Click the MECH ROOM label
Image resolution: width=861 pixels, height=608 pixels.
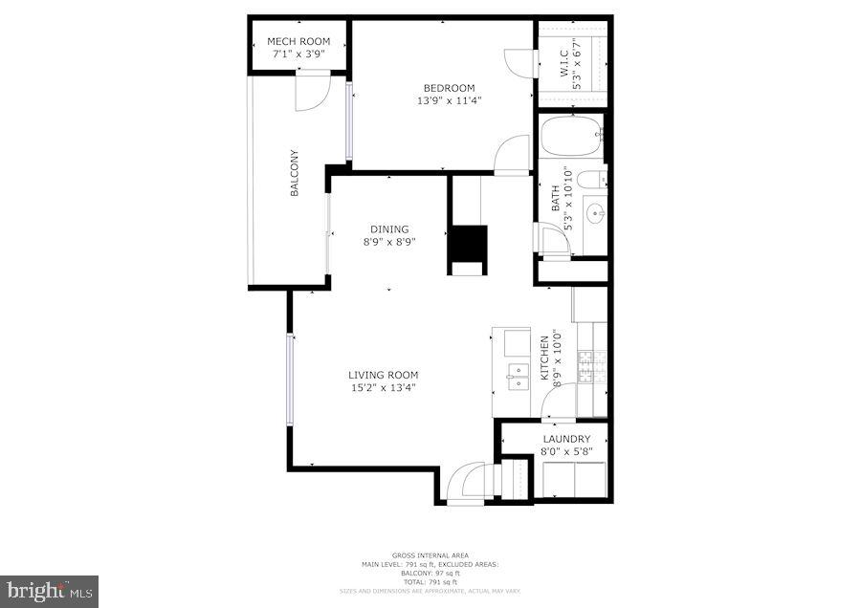click(298, 41)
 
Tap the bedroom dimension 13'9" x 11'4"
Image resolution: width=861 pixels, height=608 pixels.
click(449, 100)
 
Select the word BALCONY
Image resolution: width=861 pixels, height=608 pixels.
click(295, 173)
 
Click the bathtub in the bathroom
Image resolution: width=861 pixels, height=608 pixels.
click(571, 137)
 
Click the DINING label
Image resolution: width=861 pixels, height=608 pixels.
click(389, 229)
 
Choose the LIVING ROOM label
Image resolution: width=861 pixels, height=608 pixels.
click(383, 375)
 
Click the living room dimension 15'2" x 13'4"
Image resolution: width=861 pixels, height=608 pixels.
click(383, 388)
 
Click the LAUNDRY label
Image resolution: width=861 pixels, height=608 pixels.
click(566, 440)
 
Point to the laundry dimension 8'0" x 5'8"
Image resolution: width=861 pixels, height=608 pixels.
click(566, 451)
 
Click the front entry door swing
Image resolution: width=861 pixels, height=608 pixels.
click(469, 480)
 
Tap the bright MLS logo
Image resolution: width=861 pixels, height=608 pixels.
click(49, 591)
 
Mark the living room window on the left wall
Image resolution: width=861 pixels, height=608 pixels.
click(289, 380)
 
